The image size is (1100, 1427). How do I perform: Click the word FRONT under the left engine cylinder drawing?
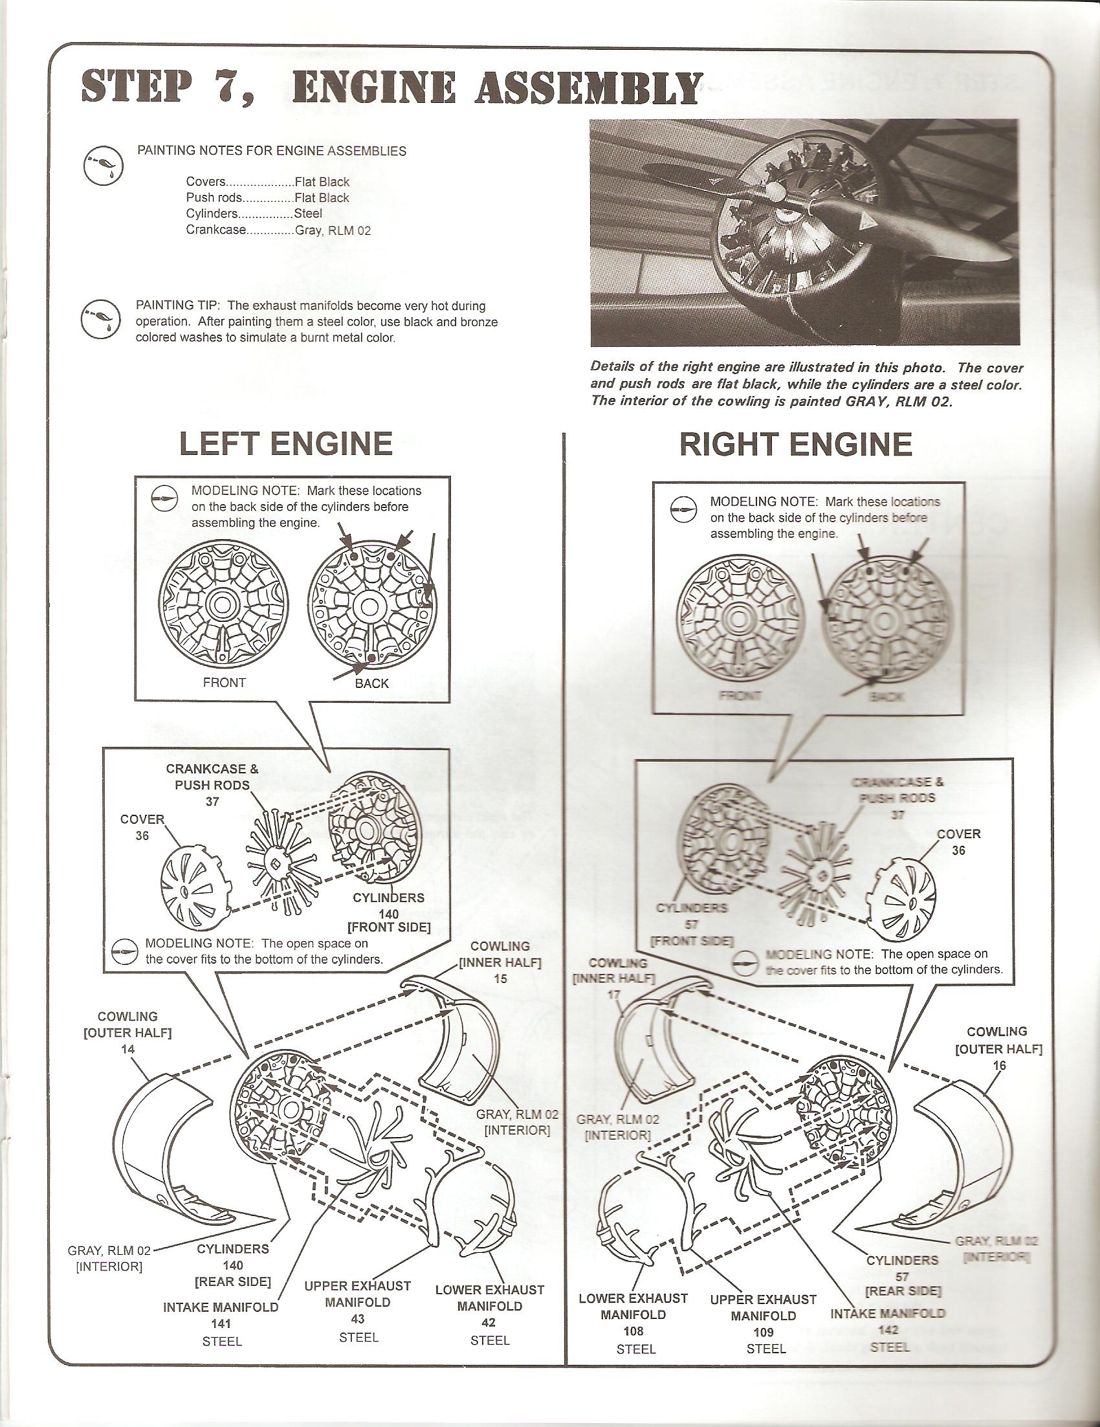point(224,683)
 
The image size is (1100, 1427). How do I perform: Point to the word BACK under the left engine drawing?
point(371,683)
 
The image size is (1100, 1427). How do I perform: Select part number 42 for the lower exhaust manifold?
point(489,1322)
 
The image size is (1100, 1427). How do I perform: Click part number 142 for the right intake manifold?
point(888,1330)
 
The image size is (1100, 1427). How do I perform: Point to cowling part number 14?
point(127,1048)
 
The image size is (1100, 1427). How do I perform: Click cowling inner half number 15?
point(500,979)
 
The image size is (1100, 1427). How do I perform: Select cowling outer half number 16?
point(999,1066)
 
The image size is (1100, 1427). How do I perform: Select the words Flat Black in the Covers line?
point(322,183)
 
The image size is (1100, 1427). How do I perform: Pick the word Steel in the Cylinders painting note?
point(307,214)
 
